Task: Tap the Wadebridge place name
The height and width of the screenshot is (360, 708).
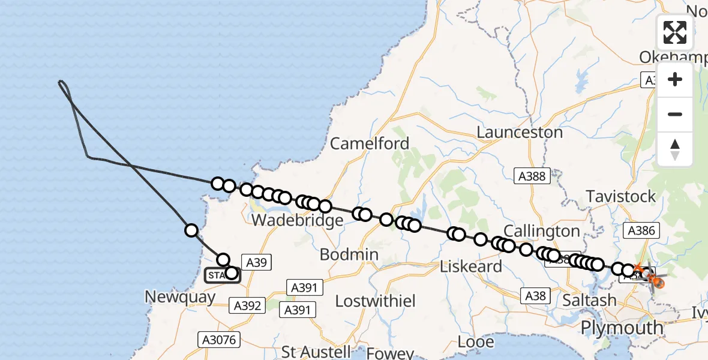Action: pyautogui.click(x=298, y=220)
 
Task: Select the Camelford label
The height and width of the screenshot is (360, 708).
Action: pyautogui.click(x=370, y=144)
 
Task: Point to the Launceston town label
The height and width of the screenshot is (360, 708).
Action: pyautogui.click(x=520, y=132)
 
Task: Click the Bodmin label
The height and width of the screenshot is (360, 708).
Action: pyautogui.click(x=349, y=254)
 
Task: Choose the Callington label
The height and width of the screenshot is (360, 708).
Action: pyautogui.click(x=542, y=231)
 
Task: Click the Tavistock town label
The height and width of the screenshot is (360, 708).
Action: pyautogui.click(x=621, y=196)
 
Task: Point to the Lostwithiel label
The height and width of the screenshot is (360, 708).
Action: pyautogui.click(x=375, y=301)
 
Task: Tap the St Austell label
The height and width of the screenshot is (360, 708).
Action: pyautogui.click(x=316, y=351)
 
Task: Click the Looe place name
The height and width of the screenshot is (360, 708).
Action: pyautogui.click(x=476, y=342)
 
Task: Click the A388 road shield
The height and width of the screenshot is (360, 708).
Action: pyautogui.click(x=532, y=175)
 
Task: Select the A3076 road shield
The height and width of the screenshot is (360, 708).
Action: pyautogui.click(x=219, y=340)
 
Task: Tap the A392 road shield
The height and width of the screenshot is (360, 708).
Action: pyautogui.click(x=247, y=305)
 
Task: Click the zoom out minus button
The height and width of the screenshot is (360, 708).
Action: pyautogui.click(x=675, y=114)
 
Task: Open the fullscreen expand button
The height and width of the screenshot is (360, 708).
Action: pyautogui.click(x=675, y=32)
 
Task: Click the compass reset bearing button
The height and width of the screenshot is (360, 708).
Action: pyautogui.click(x=675, y=149)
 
